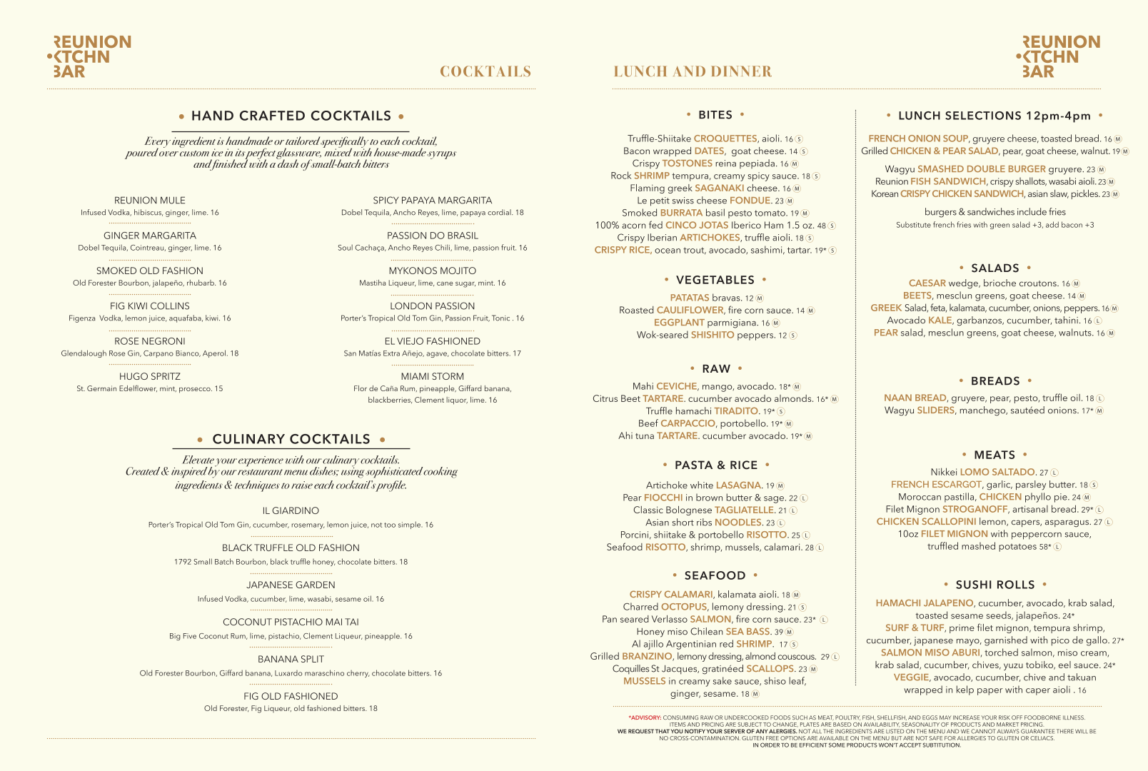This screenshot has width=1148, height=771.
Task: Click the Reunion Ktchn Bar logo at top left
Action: pyautogui.click(x=89, y=56)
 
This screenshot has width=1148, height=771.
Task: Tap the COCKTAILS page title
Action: pyautogui.click(x=485, y=71)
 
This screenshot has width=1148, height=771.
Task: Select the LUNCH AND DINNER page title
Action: pyautogui.click(x=692, y=71)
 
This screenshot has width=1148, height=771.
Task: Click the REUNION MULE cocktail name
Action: pyautogui.click(x=149, y=201)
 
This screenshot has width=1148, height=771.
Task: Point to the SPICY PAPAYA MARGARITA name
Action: pyautogui.click(x=432, y=201)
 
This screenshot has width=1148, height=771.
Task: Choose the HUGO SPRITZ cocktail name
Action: pyautogui.click(x=149, y=376)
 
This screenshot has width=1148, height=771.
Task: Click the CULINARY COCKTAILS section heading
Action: pyautogui.click(x=291, y=439)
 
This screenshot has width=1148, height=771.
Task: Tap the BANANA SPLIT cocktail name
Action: pyautogui.click(x=291, y=659)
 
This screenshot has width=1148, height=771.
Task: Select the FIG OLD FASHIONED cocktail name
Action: pyautogui.click(x=291, y=696)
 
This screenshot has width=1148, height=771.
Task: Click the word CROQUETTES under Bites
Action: pyautogui.click(x=725, y=138)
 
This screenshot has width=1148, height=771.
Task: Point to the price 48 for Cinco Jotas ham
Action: pyautogui.click(x=822, y=226)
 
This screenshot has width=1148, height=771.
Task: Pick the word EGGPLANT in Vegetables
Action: pyautogui.click(x=679, y=323)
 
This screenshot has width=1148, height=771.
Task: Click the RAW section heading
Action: pyautogui.click(x=716, y=369)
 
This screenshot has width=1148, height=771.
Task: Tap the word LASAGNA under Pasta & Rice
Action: pyautogui.click(x=738, y=485)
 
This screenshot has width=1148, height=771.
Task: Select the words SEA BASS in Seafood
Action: pyautogui.click(x=747, y=632)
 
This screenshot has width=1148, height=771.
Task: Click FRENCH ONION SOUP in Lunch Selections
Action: pyautogui.click(x=917, y=138)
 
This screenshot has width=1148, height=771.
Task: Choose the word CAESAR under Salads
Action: pyautogui.click(x=927, y=283)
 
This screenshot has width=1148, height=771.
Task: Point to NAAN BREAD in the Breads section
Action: pyautogui.click(x=915, y=398)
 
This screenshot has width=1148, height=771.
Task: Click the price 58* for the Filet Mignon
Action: pyautogui.click(x=1045, y=547)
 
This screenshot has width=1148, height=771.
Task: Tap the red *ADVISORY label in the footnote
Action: pyautogui.click(x=645, y=717)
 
